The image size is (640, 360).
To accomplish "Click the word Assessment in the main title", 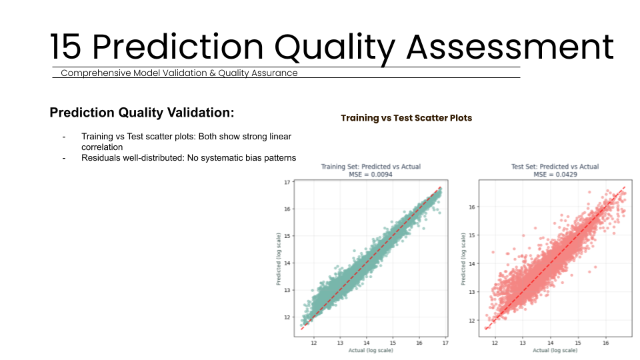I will [509, 47].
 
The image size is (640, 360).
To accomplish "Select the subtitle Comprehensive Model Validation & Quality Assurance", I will [179, 73].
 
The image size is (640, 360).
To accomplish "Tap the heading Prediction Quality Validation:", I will [141, 113].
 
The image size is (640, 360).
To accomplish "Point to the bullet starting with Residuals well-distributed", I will [189, 158].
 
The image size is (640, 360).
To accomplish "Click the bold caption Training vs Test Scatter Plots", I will [406, 118].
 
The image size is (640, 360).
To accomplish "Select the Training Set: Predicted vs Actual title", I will [371, 167].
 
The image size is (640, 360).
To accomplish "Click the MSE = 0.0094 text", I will [371, 174].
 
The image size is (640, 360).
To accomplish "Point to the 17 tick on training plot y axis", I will [287, 182].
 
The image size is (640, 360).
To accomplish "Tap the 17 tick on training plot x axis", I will [445, 343].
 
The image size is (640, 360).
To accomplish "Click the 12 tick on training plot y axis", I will [287, 317].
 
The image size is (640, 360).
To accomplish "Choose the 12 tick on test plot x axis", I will [495, 343].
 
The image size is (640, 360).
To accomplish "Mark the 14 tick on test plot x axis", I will [551, 343].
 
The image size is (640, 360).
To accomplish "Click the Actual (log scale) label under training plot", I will [371, 351].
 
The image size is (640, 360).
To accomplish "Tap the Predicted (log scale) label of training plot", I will [279, 259].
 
